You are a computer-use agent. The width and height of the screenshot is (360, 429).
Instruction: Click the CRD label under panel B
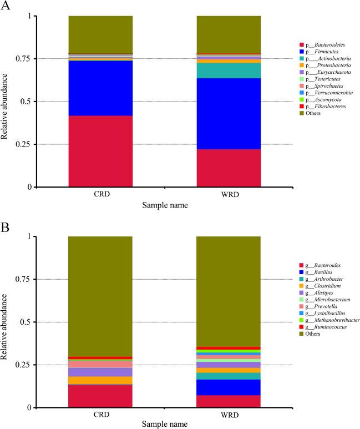[x=100, y=415]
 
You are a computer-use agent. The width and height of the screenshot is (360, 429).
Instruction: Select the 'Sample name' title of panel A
[x=165, y=205]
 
